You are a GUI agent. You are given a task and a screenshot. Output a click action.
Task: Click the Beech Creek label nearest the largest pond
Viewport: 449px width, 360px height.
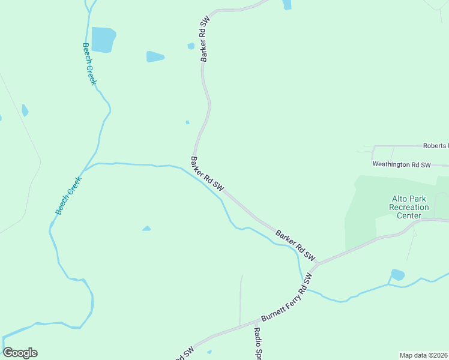click(x=89, y=64)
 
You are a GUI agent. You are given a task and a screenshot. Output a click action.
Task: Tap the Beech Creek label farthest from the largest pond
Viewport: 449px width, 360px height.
click(x=68, y=196)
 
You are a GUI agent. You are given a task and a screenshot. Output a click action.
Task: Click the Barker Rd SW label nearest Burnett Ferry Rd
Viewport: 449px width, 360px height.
click(x=295, y=244)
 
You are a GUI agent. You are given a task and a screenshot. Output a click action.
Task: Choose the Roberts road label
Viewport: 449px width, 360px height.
click(x=435, y=146)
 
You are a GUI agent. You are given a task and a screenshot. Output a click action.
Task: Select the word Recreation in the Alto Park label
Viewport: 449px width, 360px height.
click(x=409, y=207)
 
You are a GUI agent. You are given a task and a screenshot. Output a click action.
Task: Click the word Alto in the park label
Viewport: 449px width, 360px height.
click(x=399, y=199)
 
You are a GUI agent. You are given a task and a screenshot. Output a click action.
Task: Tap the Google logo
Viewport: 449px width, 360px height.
click(x=20, y=353)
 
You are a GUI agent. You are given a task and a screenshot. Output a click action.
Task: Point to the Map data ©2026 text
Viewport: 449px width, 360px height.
click(x=423, y=355)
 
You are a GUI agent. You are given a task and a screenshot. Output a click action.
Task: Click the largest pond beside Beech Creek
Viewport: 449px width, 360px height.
click(x=103, y=40)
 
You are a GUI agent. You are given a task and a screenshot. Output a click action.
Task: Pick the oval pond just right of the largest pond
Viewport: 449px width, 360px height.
click(x=155, y=57)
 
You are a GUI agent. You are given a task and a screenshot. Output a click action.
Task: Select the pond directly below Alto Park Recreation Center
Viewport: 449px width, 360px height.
click(x=397, y=275)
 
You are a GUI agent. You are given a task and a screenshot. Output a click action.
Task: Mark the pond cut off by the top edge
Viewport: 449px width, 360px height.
click(x=287, y=5)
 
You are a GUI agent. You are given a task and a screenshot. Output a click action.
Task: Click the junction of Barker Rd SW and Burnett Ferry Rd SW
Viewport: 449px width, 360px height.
click(x=317, y=263)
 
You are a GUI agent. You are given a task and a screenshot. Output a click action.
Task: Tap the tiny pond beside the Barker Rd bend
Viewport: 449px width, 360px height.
click(x=187, y=122)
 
